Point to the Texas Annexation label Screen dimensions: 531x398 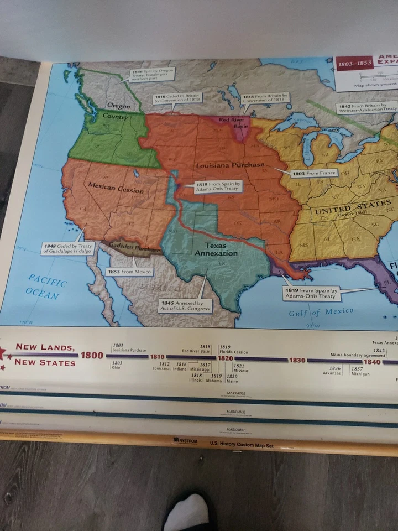[x=216, y=249]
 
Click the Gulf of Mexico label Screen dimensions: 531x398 [x=321, y=312]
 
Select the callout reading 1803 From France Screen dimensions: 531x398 [x=314, y=173]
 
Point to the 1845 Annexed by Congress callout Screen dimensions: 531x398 [x=185, y=305]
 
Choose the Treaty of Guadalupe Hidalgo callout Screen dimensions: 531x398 [x=67, y=248]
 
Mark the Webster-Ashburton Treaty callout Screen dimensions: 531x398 [x=367, y=107]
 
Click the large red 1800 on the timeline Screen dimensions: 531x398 [x=92, y=355]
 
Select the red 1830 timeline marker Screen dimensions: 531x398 [x=297, y=360]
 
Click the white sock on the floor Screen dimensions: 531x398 [x=188, y=512]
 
